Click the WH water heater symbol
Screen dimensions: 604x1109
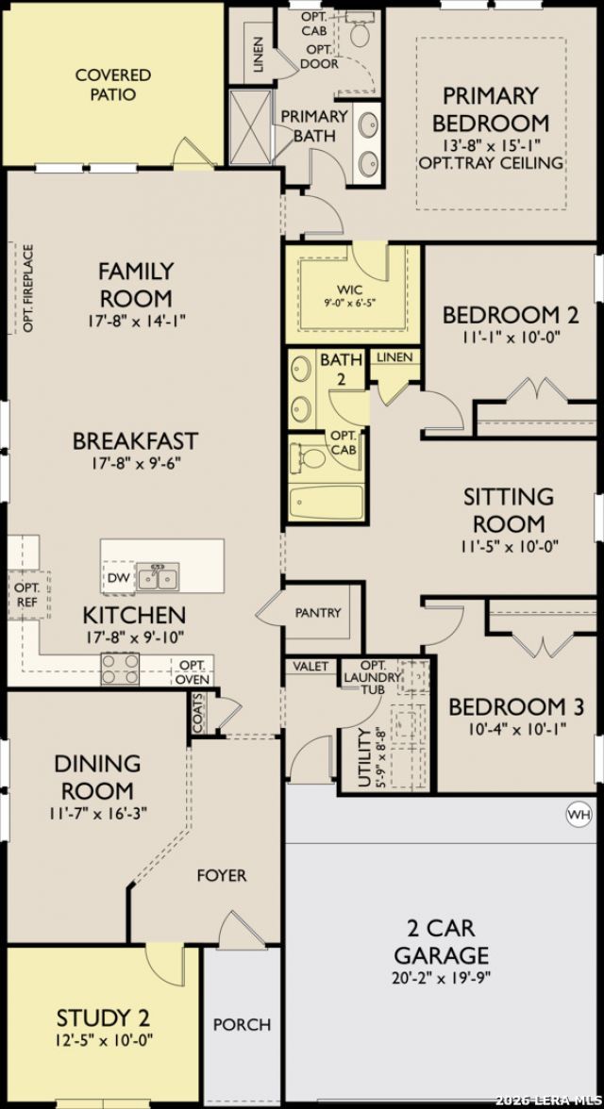[x=579, y=815]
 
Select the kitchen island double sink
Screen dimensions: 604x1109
[x=158, y=576]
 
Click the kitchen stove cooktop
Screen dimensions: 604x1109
[x=120, y=669]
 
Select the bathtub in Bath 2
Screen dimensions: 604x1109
[x=327, y=502]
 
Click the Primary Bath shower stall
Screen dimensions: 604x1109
[x=251, y=128]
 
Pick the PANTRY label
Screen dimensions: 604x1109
[x=318, y=613]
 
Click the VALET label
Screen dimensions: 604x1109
[x=310, y=666]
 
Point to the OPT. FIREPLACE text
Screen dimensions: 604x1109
[x=28, y=288]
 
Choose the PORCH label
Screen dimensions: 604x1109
[x=243, y=1023]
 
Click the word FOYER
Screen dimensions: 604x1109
[x=222, y=875]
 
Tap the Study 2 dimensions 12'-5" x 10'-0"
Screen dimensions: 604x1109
[x=104, y=1039]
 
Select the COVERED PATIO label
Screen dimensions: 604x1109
[x=113, y=84]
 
